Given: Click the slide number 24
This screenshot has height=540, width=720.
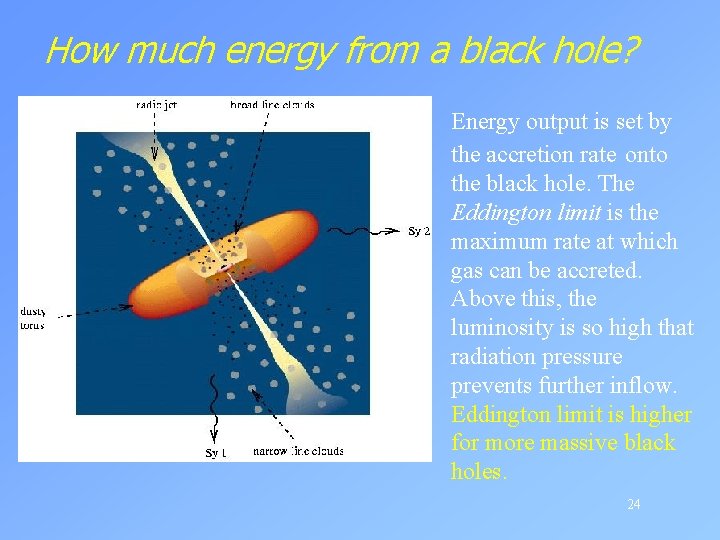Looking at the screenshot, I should (633, 504).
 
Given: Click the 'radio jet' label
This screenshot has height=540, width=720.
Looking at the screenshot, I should (156, 103).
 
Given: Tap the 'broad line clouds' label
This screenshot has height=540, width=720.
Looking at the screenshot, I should (272, 103).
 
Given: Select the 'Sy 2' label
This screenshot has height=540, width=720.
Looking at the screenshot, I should (420, 232).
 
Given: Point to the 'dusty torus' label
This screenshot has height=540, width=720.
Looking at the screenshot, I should (33, 319).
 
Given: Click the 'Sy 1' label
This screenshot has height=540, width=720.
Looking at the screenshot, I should (215, 453).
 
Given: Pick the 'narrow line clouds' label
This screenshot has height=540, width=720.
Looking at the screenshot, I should (298, 451).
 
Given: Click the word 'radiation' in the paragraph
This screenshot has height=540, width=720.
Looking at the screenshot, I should (493, 356).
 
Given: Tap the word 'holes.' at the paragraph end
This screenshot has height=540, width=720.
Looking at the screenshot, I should (479, 471).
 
